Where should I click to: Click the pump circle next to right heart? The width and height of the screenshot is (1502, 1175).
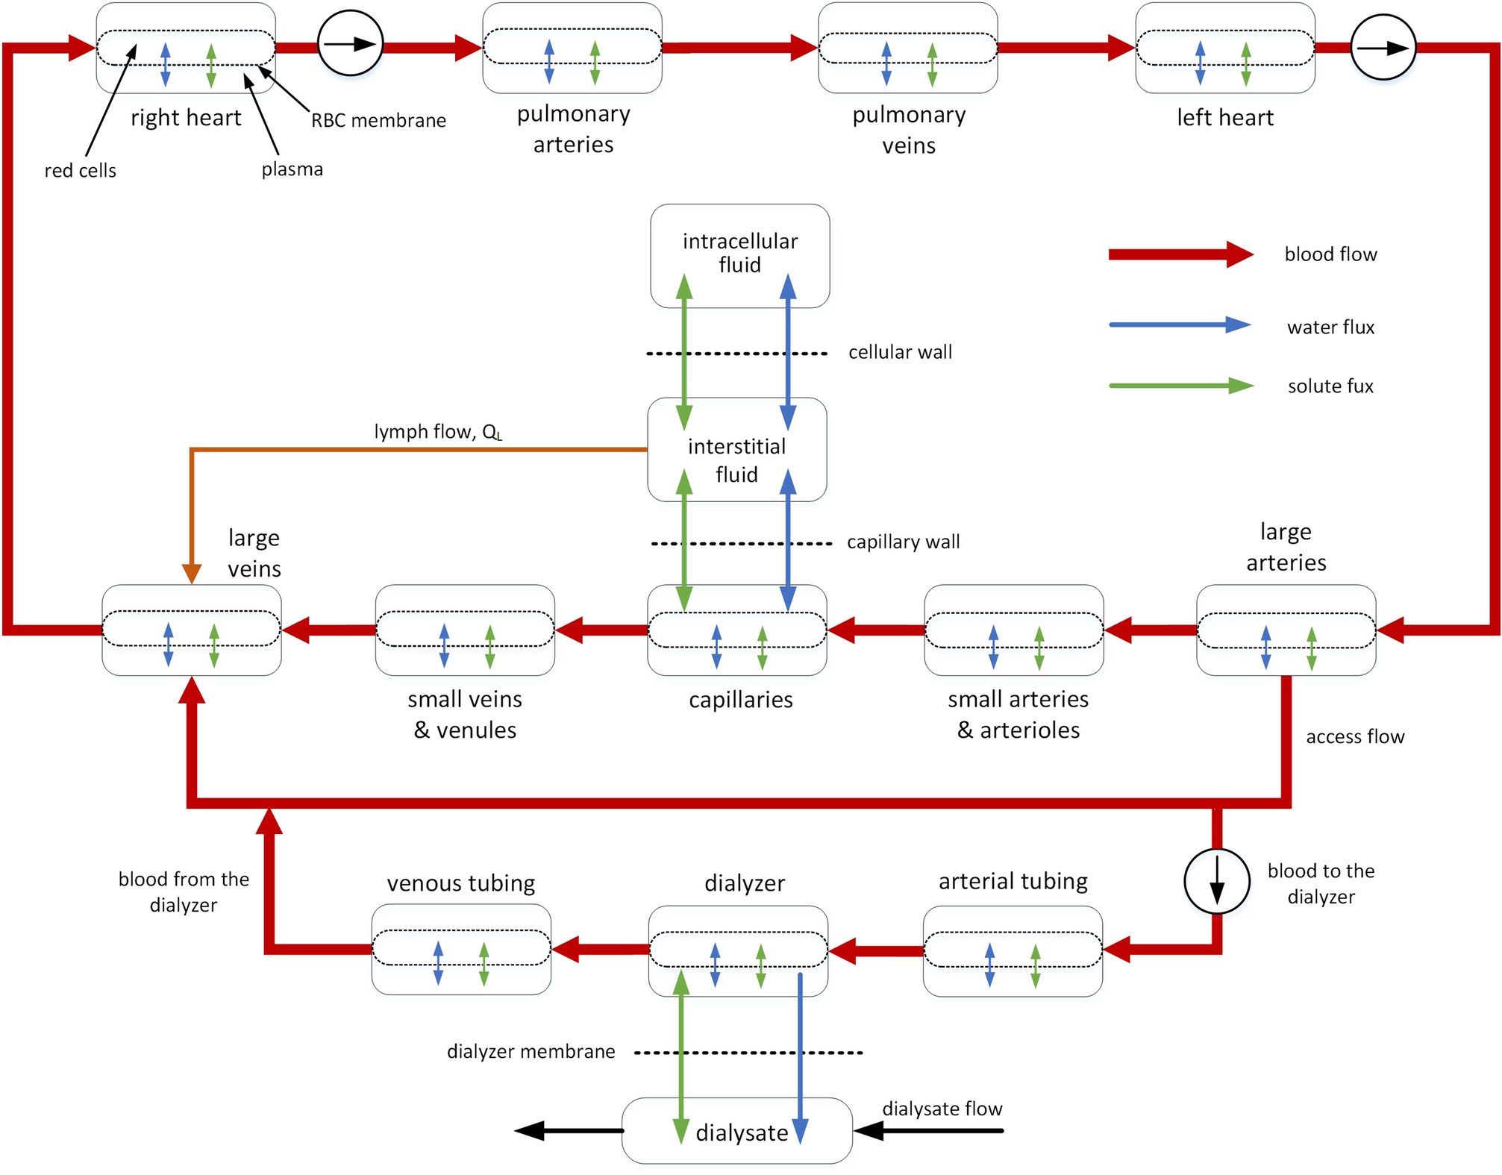pos(350,43)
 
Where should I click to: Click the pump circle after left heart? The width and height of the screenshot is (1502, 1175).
pos(1383,47)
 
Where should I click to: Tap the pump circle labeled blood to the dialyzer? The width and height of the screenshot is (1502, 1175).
pos(1216,880)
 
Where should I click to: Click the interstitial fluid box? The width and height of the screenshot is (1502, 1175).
pos(736,449)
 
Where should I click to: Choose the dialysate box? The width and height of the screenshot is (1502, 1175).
pos(737,1130)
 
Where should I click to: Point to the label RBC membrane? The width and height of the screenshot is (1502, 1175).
pos(378,120)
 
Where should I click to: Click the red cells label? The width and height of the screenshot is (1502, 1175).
pos(80,170)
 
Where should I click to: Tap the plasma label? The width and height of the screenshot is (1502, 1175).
pos(292,169)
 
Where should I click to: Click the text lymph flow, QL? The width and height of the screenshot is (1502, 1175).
pos(438,431)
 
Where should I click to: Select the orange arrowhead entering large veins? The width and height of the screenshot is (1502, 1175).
pos(192,573)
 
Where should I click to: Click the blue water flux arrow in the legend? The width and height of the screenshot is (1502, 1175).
pos(1179,325)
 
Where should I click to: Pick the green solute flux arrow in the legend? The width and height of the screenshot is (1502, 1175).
pos(1179,386)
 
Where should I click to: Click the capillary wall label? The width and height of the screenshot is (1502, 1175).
pos(903,542)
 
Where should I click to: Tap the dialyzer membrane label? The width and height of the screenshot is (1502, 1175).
pos(531,1051)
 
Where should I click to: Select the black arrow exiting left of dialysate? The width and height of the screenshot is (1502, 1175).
pos(567,1131)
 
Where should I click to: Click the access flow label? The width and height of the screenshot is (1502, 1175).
pos(1354,736)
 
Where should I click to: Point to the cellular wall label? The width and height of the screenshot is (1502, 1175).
pos(900,351)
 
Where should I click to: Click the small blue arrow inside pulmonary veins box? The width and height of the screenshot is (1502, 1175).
pos(886,63)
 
